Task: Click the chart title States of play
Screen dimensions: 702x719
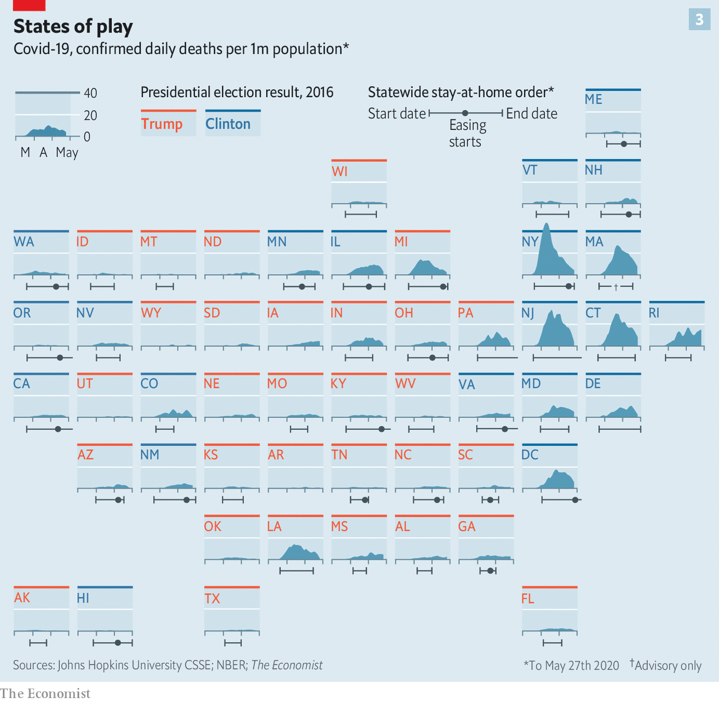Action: (73, 26)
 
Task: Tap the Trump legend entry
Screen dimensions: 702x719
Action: (162, 124)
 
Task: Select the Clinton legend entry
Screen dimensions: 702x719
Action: (228, 124)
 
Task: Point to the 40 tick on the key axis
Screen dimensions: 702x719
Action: (90, 93)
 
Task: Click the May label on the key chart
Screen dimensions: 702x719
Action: (67, 152)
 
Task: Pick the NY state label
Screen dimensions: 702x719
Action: (530, 241)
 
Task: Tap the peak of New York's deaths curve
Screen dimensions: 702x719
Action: (546, 224)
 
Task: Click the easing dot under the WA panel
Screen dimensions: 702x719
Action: (56, 286)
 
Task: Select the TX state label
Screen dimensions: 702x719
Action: (212, 598)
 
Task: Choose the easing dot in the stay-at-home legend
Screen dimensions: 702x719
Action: (465, 113)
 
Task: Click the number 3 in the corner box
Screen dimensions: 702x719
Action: (699, 20)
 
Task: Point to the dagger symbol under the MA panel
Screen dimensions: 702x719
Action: (616, 287)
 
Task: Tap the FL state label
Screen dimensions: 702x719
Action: (527, 598)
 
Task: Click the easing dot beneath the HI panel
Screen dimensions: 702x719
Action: (117, 642)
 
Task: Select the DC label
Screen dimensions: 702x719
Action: (530, 454)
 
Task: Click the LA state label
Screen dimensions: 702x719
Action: (274, 526)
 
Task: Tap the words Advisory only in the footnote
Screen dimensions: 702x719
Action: (668, 665)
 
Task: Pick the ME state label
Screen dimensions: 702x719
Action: (593, 99)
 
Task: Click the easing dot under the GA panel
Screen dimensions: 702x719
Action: (490, 571)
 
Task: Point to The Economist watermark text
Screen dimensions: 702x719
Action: (45, 694)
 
